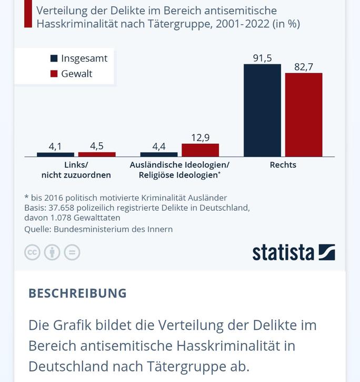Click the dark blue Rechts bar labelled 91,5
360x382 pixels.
point(262,110)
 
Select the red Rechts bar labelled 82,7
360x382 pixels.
point(304,115)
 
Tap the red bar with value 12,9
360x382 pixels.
point(200,150)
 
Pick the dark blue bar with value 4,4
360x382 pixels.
point(159,154)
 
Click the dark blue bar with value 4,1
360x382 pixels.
point(55,154)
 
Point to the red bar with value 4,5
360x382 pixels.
point(97,154)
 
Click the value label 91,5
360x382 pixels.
point(262,58)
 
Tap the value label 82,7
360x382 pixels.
point(304,67)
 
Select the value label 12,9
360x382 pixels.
point(200,138)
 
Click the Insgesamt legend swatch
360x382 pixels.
point(54,58)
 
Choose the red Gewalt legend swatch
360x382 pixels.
point(54,74)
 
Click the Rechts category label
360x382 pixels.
point(283,165)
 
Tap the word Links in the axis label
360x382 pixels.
point(75,165)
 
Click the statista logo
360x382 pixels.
point(293,252)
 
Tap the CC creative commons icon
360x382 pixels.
point(32,252)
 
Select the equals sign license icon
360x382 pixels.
point(72,252)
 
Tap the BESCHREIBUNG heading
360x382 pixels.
point(77,293)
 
